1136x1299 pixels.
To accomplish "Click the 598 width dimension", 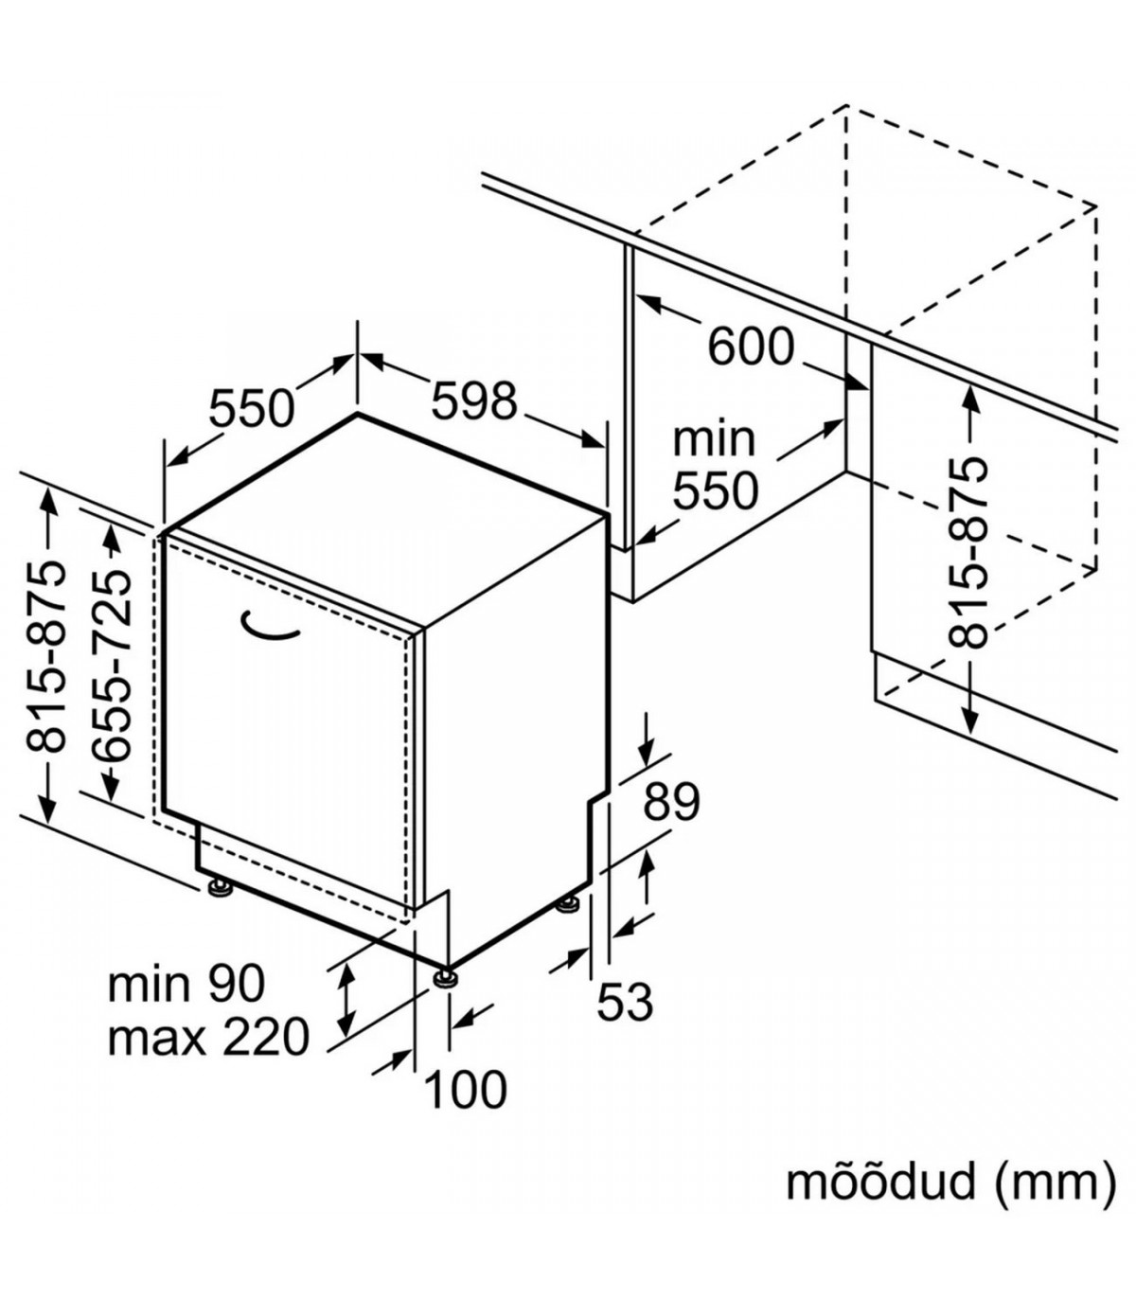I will [x=474, y=401].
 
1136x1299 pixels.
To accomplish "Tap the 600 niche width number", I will [x=751, y=347].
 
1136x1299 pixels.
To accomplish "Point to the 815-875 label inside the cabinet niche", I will [x=968, y=553].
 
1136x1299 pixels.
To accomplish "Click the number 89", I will [x=671, y=802].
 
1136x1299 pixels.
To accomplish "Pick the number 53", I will [x=625, y=1001].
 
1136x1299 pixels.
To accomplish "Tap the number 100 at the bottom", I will [x=465, y=1089].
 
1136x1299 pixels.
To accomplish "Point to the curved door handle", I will [x=270, y=626].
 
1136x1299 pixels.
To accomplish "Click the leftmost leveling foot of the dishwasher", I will [x=221, y=888].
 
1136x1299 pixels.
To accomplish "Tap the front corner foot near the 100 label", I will [x=445, y=976].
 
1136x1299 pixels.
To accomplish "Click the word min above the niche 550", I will [x=714, y=439].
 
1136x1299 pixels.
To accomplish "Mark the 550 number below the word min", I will [x=716, y=490].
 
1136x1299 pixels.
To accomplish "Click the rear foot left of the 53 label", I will [x=568, y=905].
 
